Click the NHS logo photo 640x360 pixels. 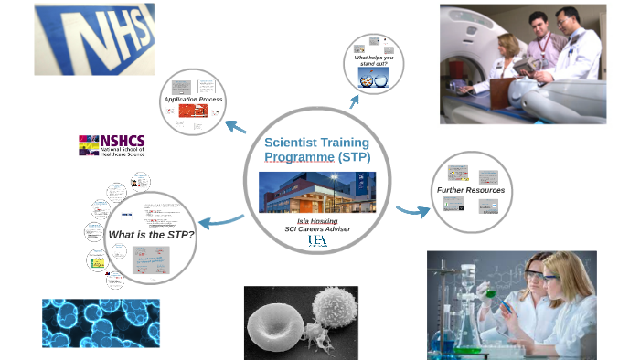point(94,38)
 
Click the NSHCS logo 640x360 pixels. point(111,145)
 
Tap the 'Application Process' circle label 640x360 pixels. point(193,99)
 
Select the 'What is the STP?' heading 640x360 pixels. point(151,235)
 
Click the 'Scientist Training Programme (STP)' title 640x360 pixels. point(316,150)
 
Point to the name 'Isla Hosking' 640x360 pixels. point(316,219)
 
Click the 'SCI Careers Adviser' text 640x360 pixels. point(316,228)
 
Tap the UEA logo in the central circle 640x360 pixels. point(316,240)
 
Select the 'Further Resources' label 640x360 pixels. point(470,190)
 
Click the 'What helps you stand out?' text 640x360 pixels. point(374,61)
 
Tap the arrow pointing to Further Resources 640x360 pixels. point(414,210)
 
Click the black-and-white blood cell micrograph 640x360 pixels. point(301,322)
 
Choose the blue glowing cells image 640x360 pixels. point(101,322)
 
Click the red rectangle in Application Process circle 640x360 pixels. point(193,111)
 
